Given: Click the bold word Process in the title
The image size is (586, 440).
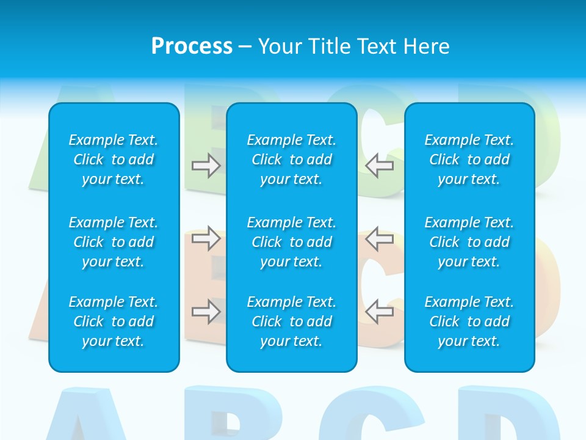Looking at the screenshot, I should tap(192, 46).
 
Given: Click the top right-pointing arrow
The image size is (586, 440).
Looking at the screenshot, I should tap(206, 166).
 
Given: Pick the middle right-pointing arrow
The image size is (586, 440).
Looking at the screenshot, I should tap(206, 238).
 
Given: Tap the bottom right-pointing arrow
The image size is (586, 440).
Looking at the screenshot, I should tap(206, 312).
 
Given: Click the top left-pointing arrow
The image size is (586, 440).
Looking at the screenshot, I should tap(380, 166).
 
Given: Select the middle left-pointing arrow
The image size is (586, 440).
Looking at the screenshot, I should tap(380, 238).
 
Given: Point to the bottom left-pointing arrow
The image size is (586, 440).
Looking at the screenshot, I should tap(380, 312).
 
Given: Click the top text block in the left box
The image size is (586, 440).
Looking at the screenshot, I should tap(114, 159).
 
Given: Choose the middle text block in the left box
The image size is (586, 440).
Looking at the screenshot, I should tap(114, 242).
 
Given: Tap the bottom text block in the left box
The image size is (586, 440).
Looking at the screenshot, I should tap(114, 321).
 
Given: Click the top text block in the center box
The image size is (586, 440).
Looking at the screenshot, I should tap(292, 159).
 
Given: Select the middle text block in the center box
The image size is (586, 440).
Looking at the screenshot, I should tap(292, 242).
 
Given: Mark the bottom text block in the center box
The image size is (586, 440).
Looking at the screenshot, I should tap(292, 321).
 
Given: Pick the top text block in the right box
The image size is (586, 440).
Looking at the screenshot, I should tap(469, 159).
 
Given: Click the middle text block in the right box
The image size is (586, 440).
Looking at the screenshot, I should tap(469, 242).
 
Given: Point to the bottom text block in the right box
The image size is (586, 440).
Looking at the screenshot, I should tap(469, 321).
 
